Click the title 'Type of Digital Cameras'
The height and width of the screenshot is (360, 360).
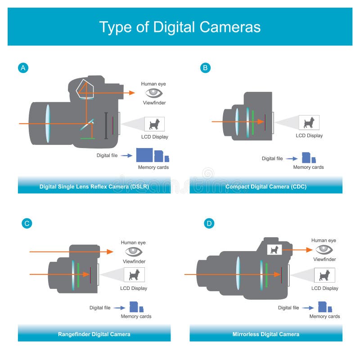180,27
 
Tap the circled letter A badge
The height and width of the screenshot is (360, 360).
23,68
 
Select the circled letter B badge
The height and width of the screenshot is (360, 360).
205,68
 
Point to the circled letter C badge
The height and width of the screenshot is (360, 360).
27,223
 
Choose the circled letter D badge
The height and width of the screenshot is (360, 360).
209,223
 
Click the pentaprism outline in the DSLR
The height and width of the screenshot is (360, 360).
85,89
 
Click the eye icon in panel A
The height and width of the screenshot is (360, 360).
153,93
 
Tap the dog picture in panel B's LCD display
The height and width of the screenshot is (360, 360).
309,122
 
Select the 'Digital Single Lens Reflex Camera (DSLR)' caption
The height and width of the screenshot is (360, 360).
94,186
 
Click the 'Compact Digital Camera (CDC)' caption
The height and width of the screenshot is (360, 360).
265,186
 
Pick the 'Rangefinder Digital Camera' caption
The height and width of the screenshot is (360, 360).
94,334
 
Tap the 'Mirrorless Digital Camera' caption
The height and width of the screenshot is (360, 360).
265,334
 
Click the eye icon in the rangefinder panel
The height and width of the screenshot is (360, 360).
134,251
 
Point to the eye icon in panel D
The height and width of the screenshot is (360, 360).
324,249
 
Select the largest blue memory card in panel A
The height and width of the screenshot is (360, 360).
144,155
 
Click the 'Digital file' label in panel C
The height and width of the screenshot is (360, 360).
99,308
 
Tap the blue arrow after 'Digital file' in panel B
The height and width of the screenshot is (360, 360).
292,159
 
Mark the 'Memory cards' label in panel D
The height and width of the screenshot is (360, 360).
324,316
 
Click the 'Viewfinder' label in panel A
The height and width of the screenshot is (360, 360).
153,103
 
